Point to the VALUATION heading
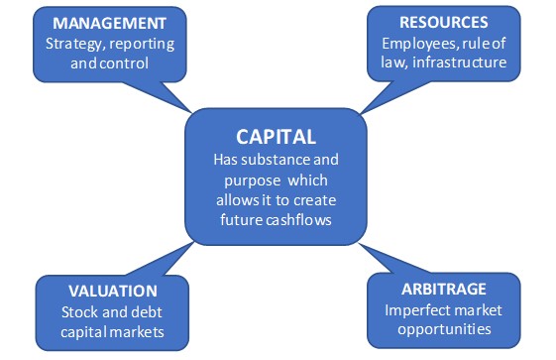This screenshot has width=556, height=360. tap(112, 291)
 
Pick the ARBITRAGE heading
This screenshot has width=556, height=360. tap(445, 291)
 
